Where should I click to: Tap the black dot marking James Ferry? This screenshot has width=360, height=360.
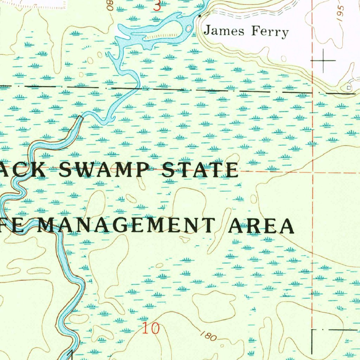pos(200,16)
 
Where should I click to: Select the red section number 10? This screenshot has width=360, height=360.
pos(151,329)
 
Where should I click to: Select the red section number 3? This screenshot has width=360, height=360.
pos(157,6)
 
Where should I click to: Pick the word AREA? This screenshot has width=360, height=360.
pos(261,226)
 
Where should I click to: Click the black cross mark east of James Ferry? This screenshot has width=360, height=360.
pos(323,61)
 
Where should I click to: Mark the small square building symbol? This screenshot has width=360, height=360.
pos(348,87)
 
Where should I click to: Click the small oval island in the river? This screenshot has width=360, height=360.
pos(189,28)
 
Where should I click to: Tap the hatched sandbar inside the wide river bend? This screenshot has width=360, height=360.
pos(162,36)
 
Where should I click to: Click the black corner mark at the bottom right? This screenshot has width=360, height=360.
pos(314,331)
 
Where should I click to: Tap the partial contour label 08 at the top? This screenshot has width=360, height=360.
pos(111,6)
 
